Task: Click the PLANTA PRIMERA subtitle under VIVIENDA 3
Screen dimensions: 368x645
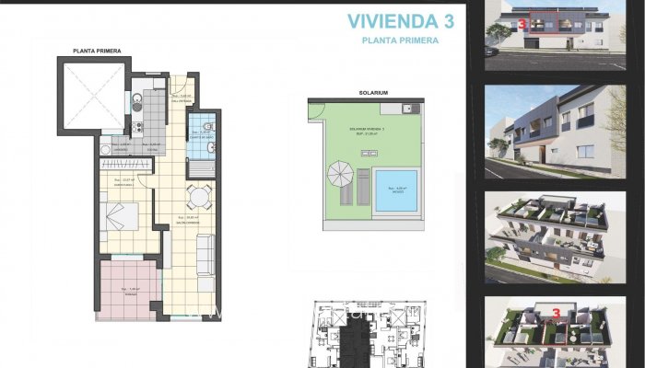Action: pyautogui.click(x=400, y=40)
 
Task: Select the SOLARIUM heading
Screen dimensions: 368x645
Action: pyautogui.click(x=372, y=93)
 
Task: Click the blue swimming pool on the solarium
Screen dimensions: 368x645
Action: pyautogui.click(x=396, y=191)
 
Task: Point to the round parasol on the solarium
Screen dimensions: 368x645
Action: pyautogui.click(x=339, y=173)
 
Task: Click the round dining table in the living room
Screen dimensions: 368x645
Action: pyautogui.click(x=196, y=196)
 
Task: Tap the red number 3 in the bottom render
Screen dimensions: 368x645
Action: pyautogui.click(x=556, y=313)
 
